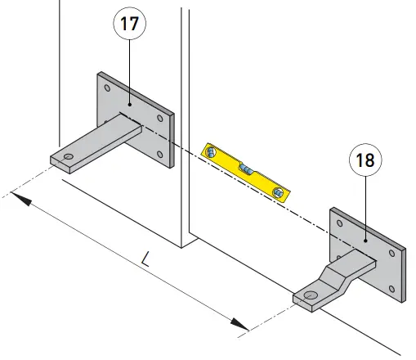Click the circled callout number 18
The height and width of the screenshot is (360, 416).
(x=365, y=160)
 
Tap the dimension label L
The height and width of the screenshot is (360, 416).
(x=145, y=260)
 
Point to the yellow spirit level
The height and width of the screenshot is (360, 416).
(x=245, y=171)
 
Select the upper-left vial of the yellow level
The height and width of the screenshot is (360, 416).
(x=212, y=153)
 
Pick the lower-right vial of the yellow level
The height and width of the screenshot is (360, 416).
(x=280, y=191)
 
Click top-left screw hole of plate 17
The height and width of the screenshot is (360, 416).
(x=105, y=84)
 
